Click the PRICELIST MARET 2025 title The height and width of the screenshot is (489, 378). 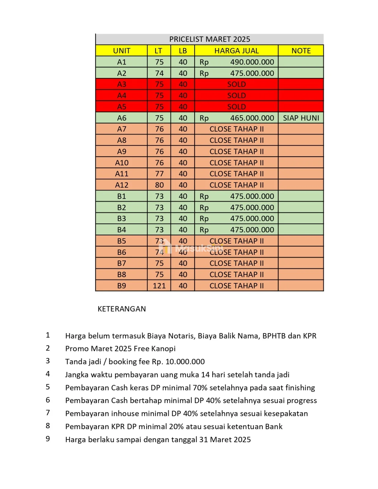[x=209, y=39]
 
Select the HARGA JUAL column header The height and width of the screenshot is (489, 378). [x=236, y=51]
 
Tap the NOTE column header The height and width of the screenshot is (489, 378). [x=301, y=51]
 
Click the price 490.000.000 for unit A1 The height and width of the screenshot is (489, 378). [x=252, y=62]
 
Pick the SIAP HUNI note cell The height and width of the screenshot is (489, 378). [x=301, y=118]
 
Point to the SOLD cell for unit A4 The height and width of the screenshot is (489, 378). [x=236, y=96]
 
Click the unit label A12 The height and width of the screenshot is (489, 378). [x=121, y=185]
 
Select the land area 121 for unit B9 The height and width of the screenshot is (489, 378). [x=159, y=286]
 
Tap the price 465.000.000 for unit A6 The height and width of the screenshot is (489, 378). [x=252, y=118]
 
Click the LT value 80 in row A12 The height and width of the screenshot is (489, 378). [x=159, y=185]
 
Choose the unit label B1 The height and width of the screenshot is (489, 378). [x=121, y=196]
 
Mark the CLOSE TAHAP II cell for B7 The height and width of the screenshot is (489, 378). [x=236, y=263]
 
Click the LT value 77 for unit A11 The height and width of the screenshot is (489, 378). [x=159, y=174]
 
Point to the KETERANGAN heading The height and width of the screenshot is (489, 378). [x=121, y=309]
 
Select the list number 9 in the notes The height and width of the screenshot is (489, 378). [x=48, y=439]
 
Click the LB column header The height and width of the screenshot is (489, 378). [x=183, y=51]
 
